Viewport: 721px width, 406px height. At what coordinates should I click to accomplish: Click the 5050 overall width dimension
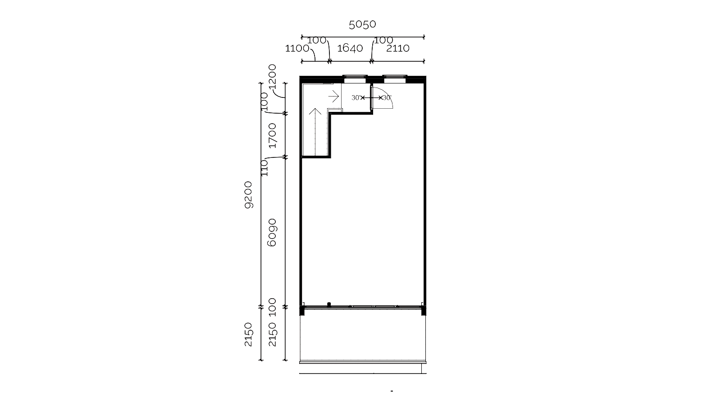(362, 24)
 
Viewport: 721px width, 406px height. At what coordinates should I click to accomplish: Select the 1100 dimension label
(297, 48)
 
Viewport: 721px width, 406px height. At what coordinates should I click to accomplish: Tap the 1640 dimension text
(350, 48)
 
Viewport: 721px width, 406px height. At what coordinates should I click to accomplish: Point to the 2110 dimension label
(398, 48)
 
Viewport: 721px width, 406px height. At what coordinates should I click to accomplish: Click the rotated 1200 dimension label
(272, 77)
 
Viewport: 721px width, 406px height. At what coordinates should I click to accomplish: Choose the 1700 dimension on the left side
(272, 135)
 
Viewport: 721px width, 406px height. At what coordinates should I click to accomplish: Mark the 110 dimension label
(264, 168)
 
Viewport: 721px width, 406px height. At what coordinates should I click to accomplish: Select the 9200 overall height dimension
(248, 195)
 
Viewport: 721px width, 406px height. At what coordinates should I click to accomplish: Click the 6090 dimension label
(272, 233)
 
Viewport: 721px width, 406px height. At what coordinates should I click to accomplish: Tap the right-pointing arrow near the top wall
(333, 97)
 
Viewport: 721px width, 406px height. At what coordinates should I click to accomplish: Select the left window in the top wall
(355, 78)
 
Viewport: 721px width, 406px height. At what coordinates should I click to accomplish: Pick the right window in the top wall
(395, 78)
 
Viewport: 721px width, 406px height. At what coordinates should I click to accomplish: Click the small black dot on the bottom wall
(329, 304)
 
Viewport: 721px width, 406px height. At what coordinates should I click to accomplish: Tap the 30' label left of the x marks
(356, 97)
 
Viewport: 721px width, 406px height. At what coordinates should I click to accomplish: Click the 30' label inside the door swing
(387, 97)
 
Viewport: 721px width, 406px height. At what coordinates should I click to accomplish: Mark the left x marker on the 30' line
(363, 97)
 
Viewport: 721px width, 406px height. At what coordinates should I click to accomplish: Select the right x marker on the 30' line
(380, 97)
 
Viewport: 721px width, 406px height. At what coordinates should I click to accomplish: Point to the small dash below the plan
(392, 391)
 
